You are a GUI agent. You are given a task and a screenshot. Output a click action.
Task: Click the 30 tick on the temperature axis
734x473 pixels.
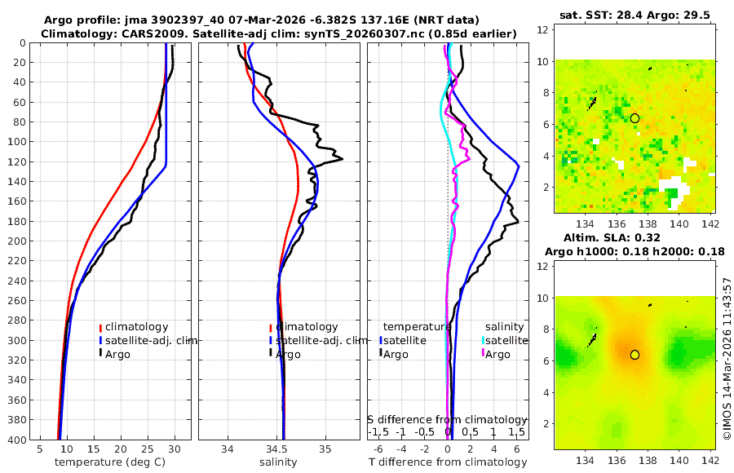click(175, 449)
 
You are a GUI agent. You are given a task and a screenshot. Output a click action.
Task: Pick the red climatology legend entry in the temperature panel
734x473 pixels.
click(135, 327)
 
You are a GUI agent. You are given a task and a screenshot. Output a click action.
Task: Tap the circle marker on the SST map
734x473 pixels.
click(635, 118)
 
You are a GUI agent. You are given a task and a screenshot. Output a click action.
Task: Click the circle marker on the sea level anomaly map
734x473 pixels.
click(635, 355)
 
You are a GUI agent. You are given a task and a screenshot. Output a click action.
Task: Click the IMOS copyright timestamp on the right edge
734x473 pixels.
click(727, 359)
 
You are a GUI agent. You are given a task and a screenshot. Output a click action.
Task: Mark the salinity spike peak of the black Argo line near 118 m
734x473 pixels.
click(342, 158)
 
